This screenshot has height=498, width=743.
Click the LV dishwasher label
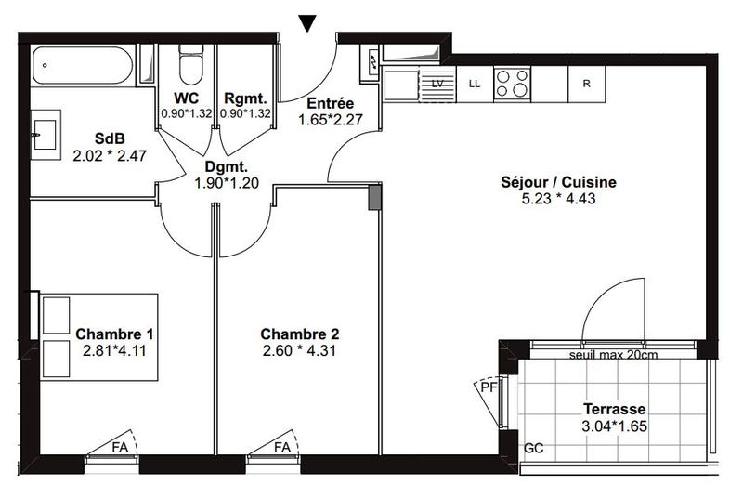(437, 84)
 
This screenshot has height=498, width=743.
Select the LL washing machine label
(475, 84)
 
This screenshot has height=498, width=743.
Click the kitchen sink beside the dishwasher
(402, 85)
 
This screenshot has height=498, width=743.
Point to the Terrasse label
(614, 409)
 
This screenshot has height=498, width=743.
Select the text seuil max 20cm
(612, 355)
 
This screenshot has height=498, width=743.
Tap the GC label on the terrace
(534, 448)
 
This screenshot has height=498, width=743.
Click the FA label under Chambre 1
(120, 447)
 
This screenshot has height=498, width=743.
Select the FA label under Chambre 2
(280, 447)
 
